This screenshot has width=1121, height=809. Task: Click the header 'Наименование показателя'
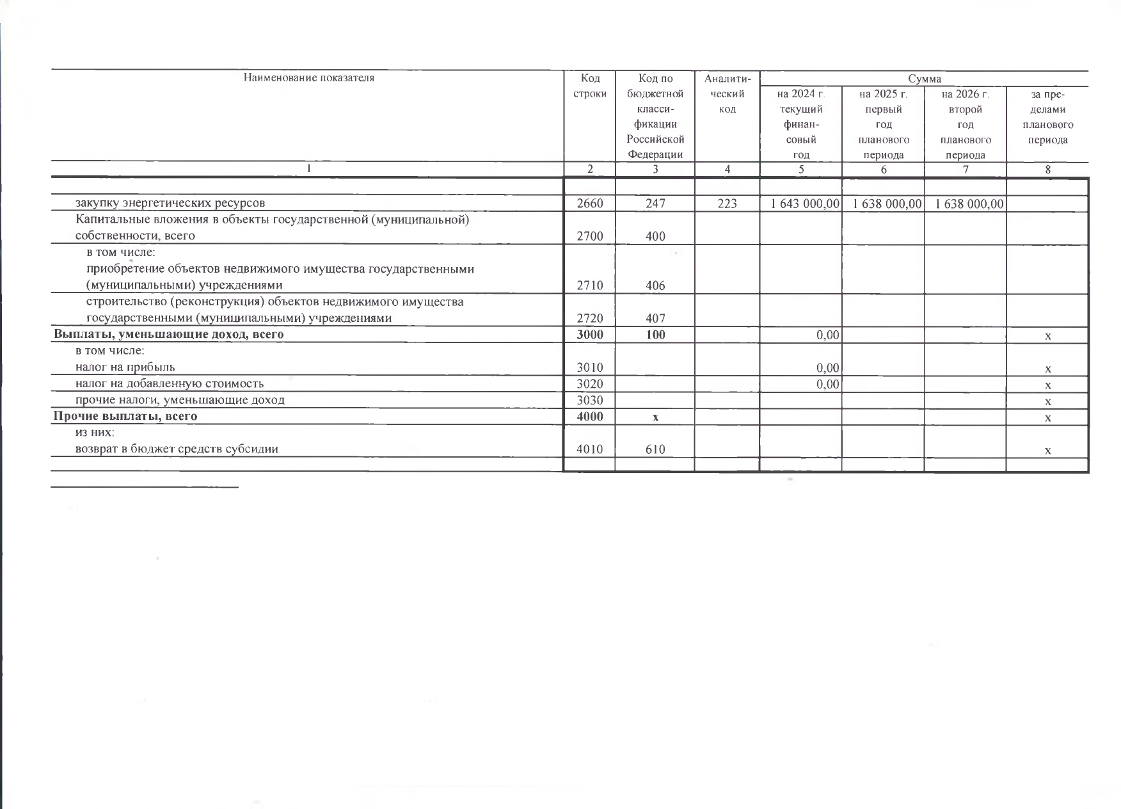(308, 78)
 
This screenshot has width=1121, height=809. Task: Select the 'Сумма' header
(924, 79)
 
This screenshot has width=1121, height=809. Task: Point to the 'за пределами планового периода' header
(1047, 117)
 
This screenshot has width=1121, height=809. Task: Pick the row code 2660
(589, 204)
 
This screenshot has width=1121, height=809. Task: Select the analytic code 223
(727, 204)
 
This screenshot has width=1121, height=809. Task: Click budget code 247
(655, 204)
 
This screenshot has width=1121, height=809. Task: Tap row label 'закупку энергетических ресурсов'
(170, 203)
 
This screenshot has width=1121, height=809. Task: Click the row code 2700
(589, 236)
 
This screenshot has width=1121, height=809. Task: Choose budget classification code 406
(655, 285)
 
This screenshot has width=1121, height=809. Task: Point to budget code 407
(655, 318)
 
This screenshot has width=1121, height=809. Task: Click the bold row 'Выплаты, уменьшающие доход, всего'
(169, 334)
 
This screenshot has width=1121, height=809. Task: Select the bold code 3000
(589, 334)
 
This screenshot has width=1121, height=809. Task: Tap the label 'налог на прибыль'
(125, 367)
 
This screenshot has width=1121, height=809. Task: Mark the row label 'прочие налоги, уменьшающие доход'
(180, 400)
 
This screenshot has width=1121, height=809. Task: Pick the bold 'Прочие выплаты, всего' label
(125, 416)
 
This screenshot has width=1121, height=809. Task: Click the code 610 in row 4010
(655, 449)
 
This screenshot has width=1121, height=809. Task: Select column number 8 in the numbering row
(1047, 170)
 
